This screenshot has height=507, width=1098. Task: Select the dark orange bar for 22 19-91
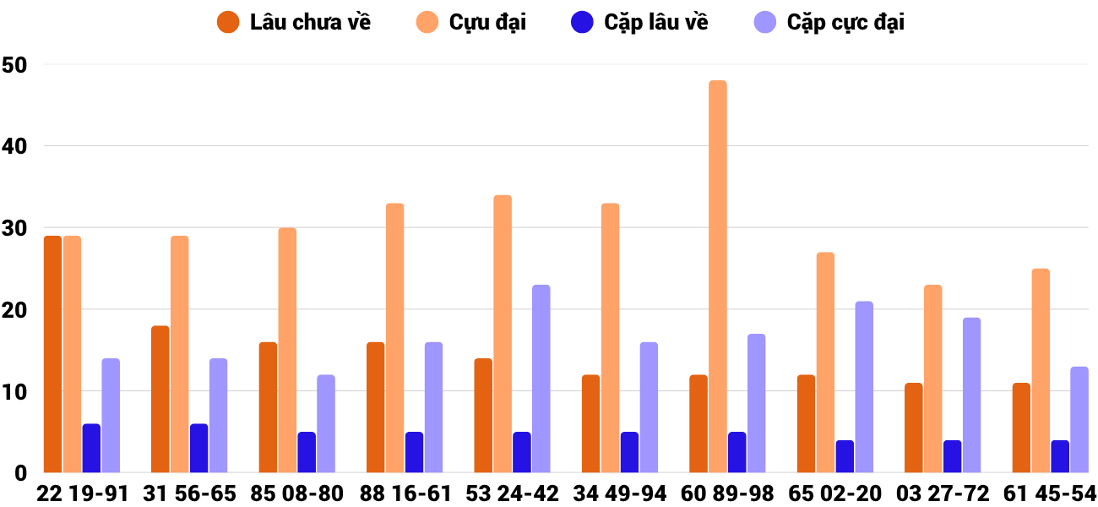point(52,354)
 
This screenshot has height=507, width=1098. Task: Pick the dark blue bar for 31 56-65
point(198,448)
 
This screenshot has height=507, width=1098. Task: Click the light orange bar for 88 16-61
point(394,338)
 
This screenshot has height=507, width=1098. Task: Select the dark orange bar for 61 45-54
point(1021,428)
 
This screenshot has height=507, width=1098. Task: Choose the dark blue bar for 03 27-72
point(952,456)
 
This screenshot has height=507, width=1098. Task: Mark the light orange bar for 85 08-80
point(287,350)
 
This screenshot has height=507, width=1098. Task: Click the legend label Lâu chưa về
point(310,23)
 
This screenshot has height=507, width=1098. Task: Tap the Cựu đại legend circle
point(427,23)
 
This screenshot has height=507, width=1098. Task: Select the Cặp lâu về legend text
point(656,23)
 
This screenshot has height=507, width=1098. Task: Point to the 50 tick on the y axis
point(15,65)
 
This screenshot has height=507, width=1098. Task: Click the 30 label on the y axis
point(15,228)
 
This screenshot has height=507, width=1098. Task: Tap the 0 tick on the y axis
point(22,473)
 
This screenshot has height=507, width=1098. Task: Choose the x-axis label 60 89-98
point(727,493)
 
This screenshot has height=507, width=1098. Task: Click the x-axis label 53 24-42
point(513,493)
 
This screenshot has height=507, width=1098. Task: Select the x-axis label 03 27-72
point(943,493)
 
